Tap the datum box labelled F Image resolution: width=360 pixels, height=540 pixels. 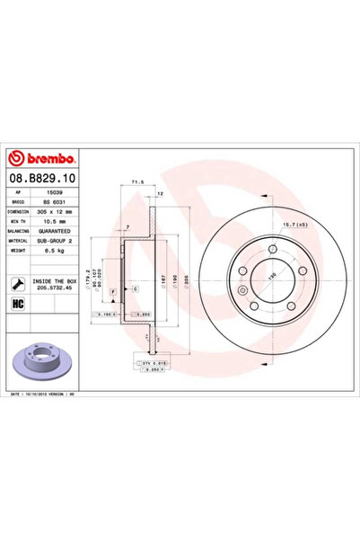click(113, 293)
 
